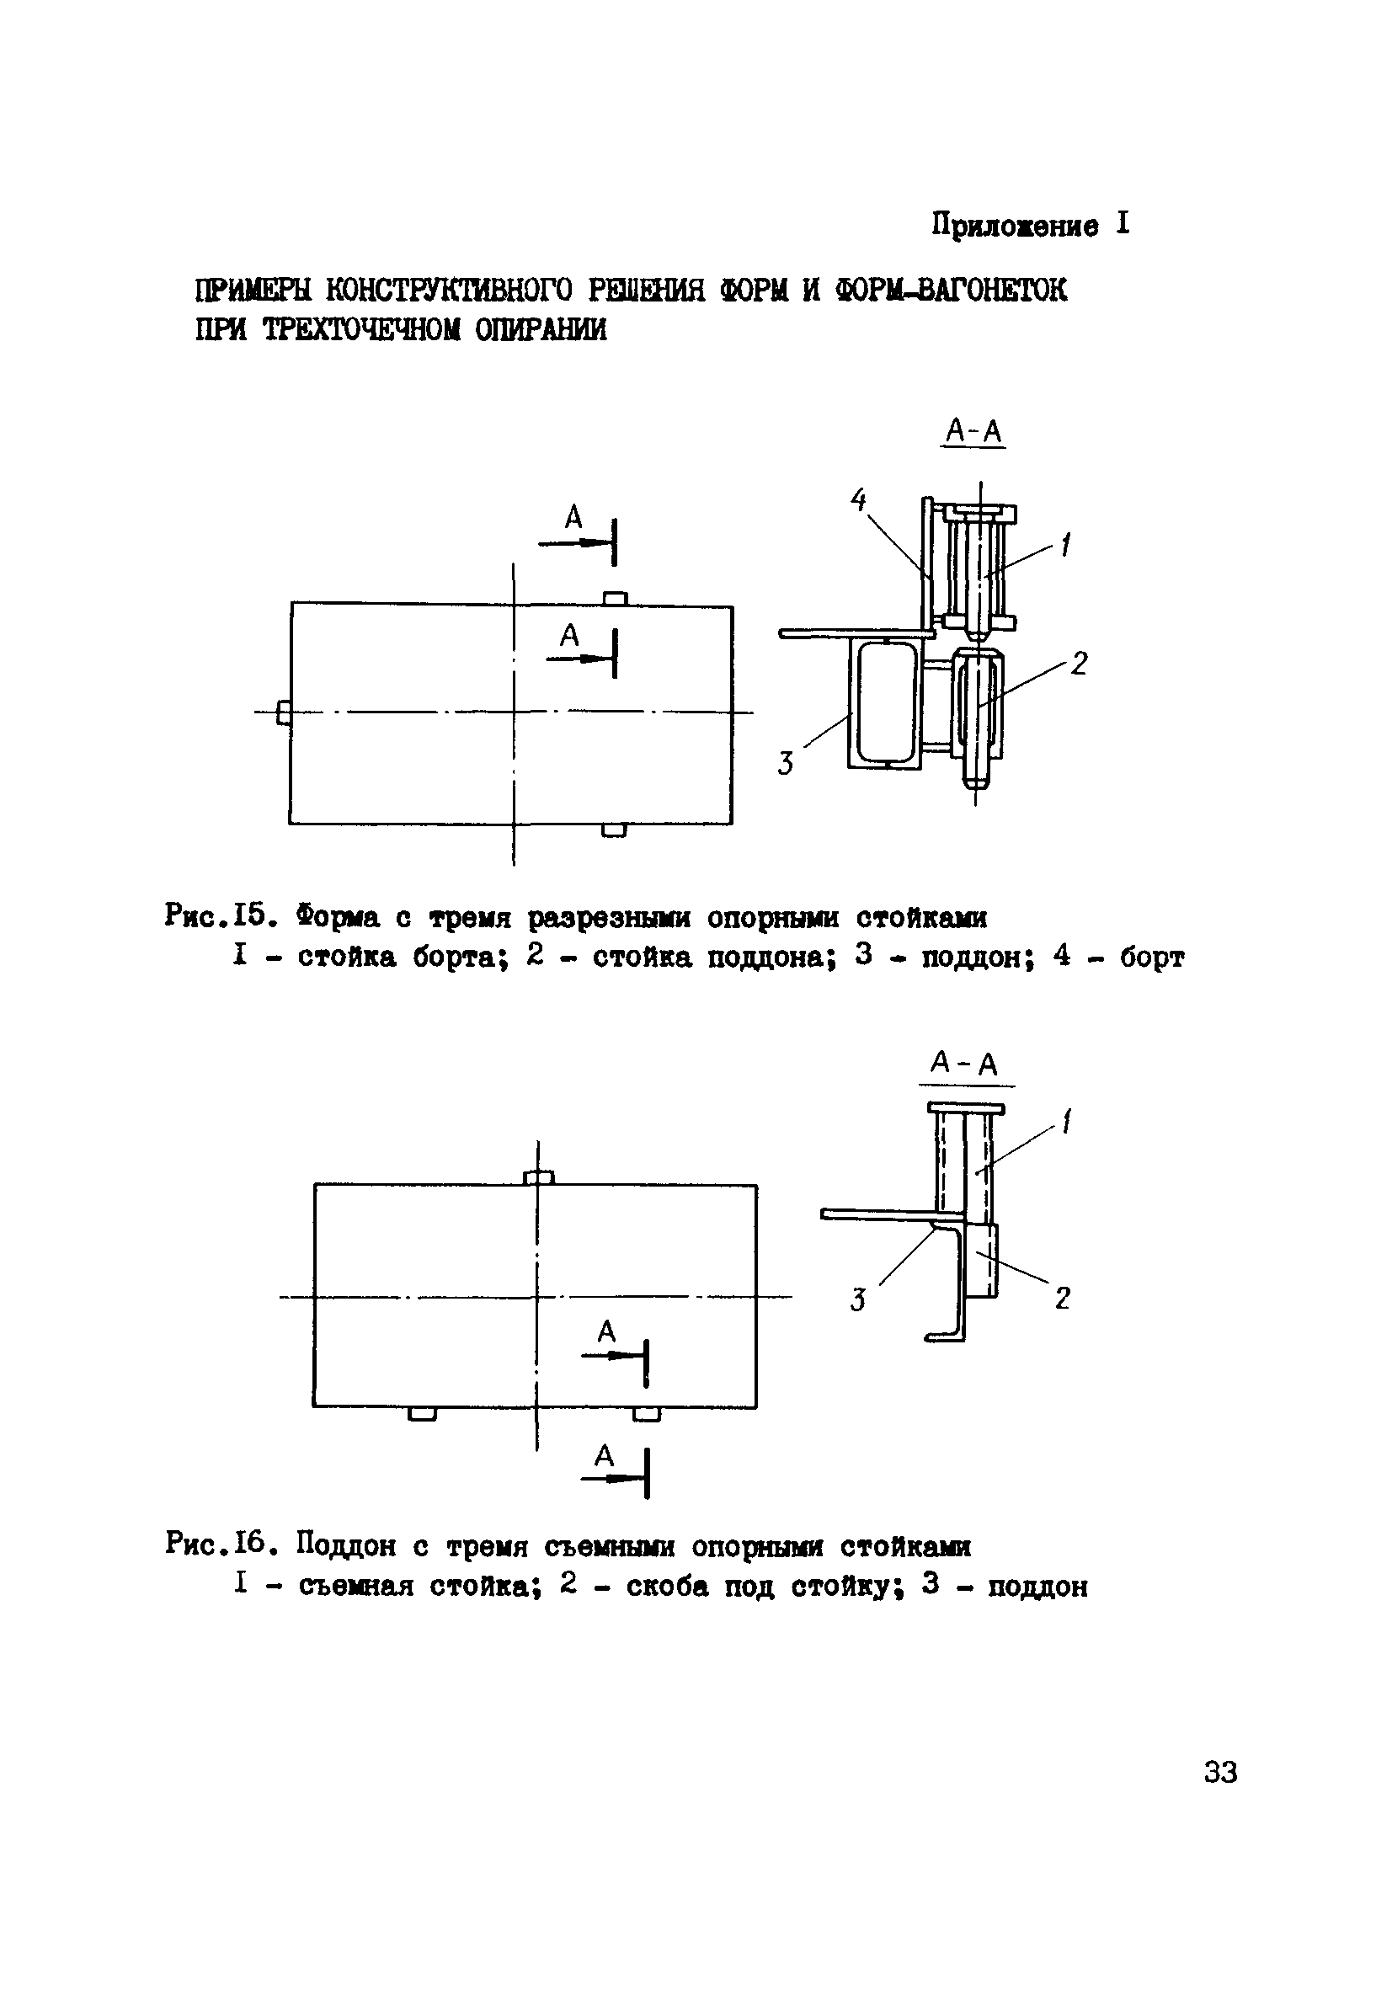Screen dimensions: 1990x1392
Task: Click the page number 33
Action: click(1220, 1773)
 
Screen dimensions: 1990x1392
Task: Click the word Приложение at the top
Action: click(1015, 226)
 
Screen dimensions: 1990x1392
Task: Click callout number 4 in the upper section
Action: click(858, 499)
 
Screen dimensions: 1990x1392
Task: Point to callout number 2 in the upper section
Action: click(1078, 663)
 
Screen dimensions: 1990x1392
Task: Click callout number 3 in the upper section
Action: click(786, 764)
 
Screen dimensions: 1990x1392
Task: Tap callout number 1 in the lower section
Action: click(1067, 1123)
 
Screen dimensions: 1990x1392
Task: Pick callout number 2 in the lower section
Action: click(1063, 1298)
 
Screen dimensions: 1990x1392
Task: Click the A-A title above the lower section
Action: click(965, 1063)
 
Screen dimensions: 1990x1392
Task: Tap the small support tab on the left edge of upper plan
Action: click(283, 713)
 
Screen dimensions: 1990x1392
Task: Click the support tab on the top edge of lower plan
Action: click(539, 1177)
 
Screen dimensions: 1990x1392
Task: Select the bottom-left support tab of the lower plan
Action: click(422, 1415)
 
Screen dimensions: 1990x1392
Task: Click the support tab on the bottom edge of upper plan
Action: click(614, 830)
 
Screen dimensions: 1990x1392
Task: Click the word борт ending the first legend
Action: click(1151, 958)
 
